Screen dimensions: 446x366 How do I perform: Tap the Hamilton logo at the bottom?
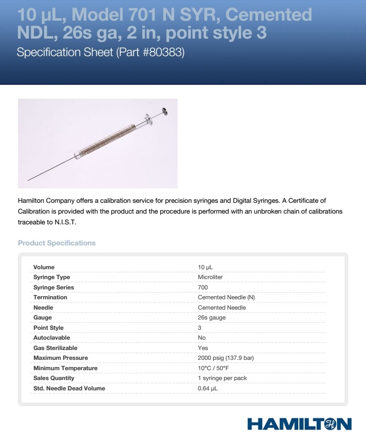[x=299, y=424]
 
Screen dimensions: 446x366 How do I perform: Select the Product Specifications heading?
[x=57, y=243]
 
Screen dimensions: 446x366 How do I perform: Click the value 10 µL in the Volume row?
[x=205, y=267]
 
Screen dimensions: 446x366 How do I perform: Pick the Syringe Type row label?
[x=52, y=277]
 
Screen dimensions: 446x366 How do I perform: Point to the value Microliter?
[x=210, y=277]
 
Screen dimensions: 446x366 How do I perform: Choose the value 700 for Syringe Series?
[x=203, y=288]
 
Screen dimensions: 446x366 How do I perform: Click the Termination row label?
[x=50, y=297]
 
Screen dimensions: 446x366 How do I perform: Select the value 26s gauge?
[x=212, y=318]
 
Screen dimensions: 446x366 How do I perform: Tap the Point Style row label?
[x=48, y=328]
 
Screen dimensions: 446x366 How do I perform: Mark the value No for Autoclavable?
[x=202, y=338]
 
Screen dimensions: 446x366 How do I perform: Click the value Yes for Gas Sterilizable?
[x=203, y=348]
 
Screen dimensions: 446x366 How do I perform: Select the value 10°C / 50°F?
[x=213, y=368]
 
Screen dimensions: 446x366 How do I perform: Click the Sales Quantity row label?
[x=54, y=378]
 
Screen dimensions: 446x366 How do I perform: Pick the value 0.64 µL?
[x=208, y=389]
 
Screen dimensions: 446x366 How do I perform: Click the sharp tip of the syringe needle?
[x=28, y=180]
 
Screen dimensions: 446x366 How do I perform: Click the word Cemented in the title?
[x=268, y=15]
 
